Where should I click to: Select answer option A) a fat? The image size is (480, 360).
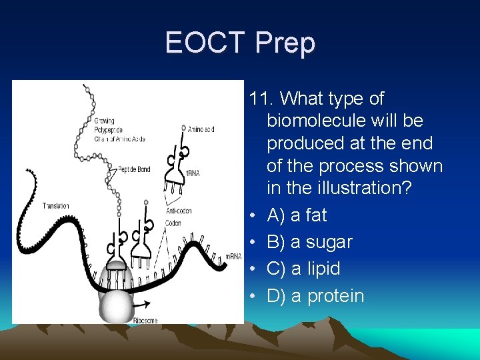click(297, 215)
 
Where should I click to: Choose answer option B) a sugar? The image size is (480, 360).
click(309, 242)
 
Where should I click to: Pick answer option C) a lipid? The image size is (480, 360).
click(303, 269)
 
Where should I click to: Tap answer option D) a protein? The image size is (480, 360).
click(315, 296)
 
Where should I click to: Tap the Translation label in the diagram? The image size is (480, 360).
click(55, 206)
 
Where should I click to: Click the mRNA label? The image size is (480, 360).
click(233, 257)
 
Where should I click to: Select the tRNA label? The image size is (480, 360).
click(193, 173)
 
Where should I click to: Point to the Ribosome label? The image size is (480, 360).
click(146, 320)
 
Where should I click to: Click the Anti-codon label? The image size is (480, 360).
click(178, 211)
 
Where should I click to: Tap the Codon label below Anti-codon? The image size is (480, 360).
click(173, 223)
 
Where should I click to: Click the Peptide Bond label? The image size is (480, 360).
click(133, 169)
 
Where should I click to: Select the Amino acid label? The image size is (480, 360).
click(201, 129)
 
